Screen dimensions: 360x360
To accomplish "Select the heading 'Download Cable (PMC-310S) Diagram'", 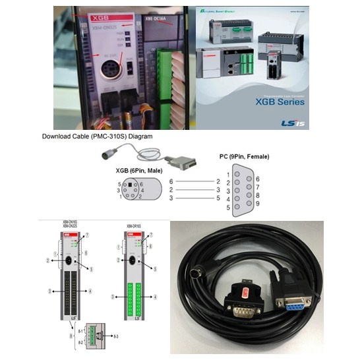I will pos(97,136).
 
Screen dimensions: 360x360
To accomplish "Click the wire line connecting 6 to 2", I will pos(193,181).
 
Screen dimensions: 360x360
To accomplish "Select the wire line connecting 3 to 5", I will pos(193,198).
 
